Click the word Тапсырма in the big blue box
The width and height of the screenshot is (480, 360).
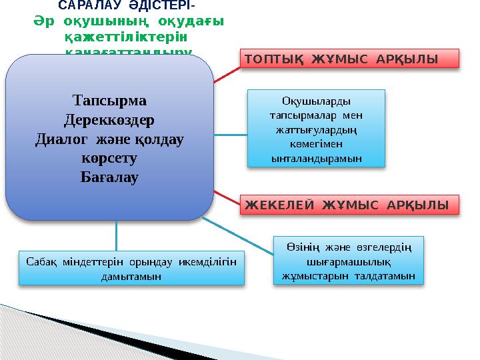coord(109,101)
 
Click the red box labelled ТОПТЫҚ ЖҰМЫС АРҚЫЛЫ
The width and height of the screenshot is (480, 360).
coord(349,58)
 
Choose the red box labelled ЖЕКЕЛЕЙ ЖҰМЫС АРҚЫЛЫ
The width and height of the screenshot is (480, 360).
coord(349,204)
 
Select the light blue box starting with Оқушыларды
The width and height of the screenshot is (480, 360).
coord(316,129)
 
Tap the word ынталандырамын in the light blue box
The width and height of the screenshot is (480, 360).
coord(316,159)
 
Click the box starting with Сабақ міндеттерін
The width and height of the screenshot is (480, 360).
coord(130,267)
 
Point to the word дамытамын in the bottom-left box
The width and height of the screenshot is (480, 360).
coord(130,275)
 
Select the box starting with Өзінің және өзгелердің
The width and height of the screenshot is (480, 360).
coord(349,261)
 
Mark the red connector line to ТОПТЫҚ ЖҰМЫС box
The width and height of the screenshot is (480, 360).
coord(227,75)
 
